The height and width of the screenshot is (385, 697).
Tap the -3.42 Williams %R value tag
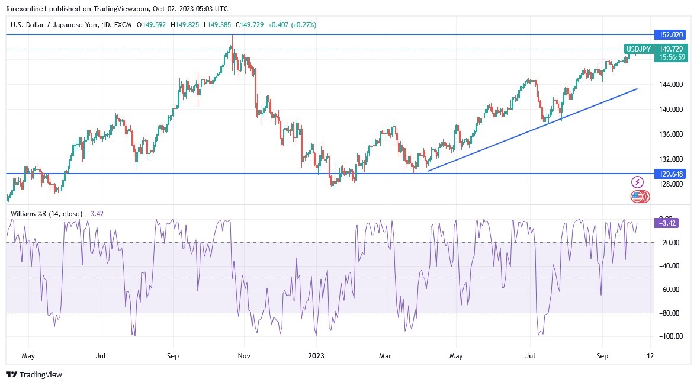click(666, 223)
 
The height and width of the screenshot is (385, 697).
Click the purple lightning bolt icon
click(638, 182)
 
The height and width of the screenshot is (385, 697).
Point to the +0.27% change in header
click(304, 25)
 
